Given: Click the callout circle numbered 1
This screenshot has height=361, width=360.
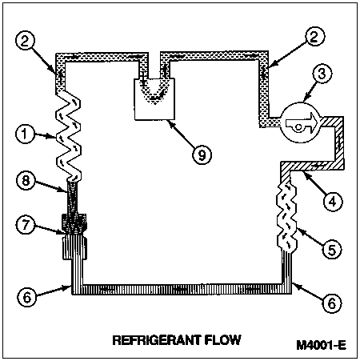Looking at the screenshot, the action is pyautogui.click(x=25, y=134).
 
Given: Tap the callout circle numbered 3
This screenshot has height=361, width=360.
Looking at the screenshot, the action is pyautogui.click(x=322, y=74).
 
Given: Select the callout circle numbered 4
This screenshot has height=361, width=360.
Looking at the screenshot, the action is pyautogui.click(x=332, y=202).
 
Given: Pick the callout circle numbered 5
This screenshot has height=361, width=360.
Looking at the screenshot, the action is pyautogui.click(x=332, y=250).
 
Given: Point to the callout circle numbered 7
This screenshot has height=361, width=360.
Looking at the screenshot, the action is pyautogui.click(x=26, y=224).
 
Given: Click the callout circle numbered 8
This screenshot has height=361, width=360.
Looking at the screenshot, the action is pyautogui.click(x=26, y=181).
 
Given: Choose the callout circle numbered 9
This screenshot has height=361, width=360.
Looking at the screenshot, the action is pyautogui.click(x=202, y=154).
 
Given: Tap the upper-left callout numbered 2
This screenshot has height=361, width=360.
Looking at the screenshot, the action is pyautogui.click(x=25, y=42).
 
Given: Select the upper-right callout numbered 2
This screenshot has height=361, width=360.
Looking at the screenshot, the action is pyautogui.click(x=315, y=37).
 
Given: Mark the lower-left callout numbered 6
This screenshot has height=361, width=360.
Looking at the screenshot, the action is pyautogui.click(x=27, y=297).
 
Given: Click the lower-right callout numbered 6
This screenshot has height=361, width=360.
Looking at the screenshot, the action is pyautogui.click(x=332, y=303).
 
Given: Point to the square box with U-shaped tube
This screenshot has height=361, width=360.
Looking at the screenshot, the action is pyautogui.click(x=154, y=99).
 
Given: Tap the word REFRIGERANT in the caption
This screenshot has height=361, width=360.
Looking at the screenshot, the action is pyautogui.click(x=157, y=340).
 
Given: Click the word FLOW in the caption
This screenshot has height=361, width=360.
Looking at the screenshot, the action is pyautogui.click(x=223, y=340).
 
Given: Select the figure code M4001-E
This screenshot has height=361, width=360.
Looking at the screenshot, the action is pyautogui.click(x=322, y=345).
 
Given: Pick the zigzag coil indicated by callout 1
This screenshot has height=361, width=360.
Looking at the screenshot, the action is pyautogui.click(x=68, y=135).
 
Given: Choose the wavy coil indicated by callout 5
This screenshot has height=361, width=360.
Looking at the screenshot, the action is pyautogui.click(x=286, y=217).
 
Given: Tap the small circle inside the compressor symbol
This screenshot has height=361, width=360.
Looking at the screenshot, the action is pyautogui.click(x=298, y=127).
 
